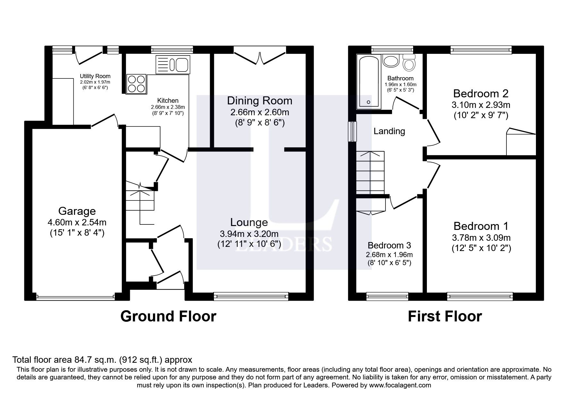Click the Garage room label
coord(77,211)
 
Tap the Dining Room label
coord(259,101)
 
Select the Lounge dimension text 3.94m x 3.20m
coord(249,234)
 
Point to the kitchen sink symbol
coord(173,64)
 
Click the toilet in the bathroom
coord(409,62)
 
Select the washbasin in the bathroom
coord(390,61)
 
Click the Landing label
coord(389,131)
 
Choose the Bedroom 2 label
coord(480,94)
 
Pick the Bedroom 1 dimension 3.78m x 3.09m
coord(481,238)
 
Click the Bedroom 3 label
coord(389,246)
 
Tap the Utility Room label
coord(95,76)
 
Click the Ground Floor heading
coord(168,316)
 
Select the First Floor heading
coord(445,316)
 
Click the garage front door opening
coord(75,297)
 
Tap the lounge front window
coord(251,296)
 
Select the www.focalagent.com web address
coord(400,385)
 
